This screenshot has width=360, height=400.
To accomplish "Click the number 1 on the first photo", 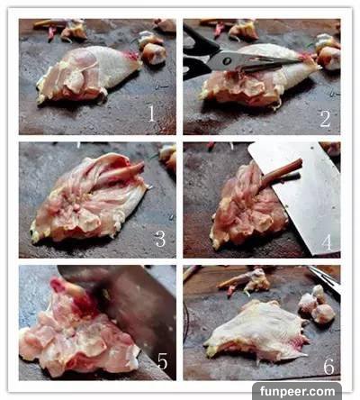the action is (x=151, y=114).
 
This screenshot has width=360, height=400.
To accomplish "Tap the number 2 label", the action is (x=326, y=119).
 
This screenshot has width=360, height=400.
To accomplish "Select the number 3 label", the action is (x=160, y=239).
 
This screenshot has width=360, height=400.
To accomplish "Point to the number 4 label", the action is (x=327, y=242).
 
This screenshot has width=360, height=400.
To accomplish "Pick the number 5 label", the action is (x=162, y=361).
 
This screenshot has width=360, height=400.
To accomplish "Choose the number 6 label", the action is (x=328, y=366).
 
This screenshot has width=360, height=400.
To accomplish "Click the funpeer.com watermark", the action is (x=297, y=391).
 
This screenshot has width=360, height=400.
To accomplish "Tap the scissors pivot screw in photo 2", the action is (x=228, y=61).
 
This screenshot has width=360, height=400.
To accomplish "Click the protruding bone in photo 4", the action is (x=281, y=174).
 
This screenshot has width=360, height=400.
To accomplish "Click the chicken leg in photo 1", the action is (x=88, y=75).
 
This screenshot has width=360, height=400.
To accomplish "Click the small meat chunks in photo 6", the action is (x=317, y=304).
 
